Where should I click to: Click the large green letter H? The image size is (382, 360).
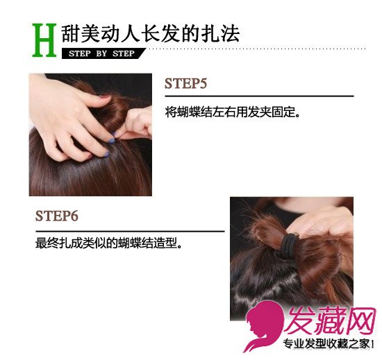(x=44, y=40)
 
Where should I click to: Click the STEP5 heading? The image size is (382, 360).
(x=185, y=83)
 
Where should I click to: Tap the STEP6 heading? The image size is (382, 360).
(x=57, y=216)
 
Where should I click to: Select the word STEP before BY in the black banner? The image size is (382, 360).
(x=80, y=53)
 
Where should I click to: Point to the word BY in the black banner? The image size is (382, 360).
(x=101, y=53)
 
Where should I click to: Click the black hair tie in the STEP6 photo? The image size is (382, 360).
(x=290, y=245)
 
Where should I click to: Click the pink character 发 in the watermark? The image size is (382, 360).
(x=299, y=320)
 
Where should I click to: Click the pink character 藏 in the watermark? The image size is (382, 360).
(x=330, y=320)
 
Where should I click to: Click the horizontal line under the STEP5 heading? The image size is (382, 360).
(x=259, y=96)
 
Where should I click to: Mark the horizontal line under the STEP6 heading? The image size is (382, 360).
(x=130, y=231)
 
